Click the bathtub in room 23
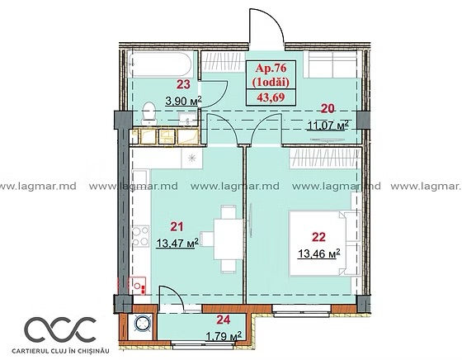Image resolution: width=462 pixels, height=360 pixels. (161, 64)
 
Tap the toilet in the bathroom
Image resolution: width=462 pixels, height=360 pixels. (148, 112)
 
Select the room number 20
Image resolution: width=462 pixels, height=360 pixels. (328, 109)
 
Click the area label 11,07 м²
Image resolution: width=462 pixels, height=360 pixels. (328, 126)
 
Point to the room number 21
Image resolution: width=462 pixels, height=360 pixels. (177, 226)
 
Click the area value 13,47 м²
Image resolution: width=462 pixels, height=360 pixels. (177, 243)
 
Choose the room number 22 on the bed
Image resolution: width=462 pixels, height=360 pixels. (318, 237)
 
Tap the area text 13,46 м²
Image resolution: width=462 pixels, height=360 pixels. (319, 253)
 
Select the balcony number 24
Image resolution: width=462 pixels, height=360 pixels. (223, 320)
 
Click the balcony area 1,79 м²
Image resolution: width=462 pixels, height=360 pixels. (223, 336)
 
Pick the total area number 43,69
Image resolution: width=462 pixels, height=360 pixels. (271, 97)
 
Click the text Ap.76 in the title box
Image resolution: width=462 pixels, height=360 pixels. (271, 68)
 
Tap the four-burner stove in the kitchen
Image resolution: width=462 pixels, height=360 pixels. (140, 236)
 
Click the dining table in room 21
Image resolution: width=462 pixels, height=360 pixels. (228, 239)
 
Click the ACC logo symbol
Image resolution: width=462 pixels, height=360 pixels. (60, 329)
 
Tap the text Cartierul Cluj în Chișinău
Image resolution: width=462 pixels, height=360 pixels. (61, 351)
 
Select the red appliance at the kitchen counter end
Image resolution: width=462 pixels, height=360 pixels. (138, 286)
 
